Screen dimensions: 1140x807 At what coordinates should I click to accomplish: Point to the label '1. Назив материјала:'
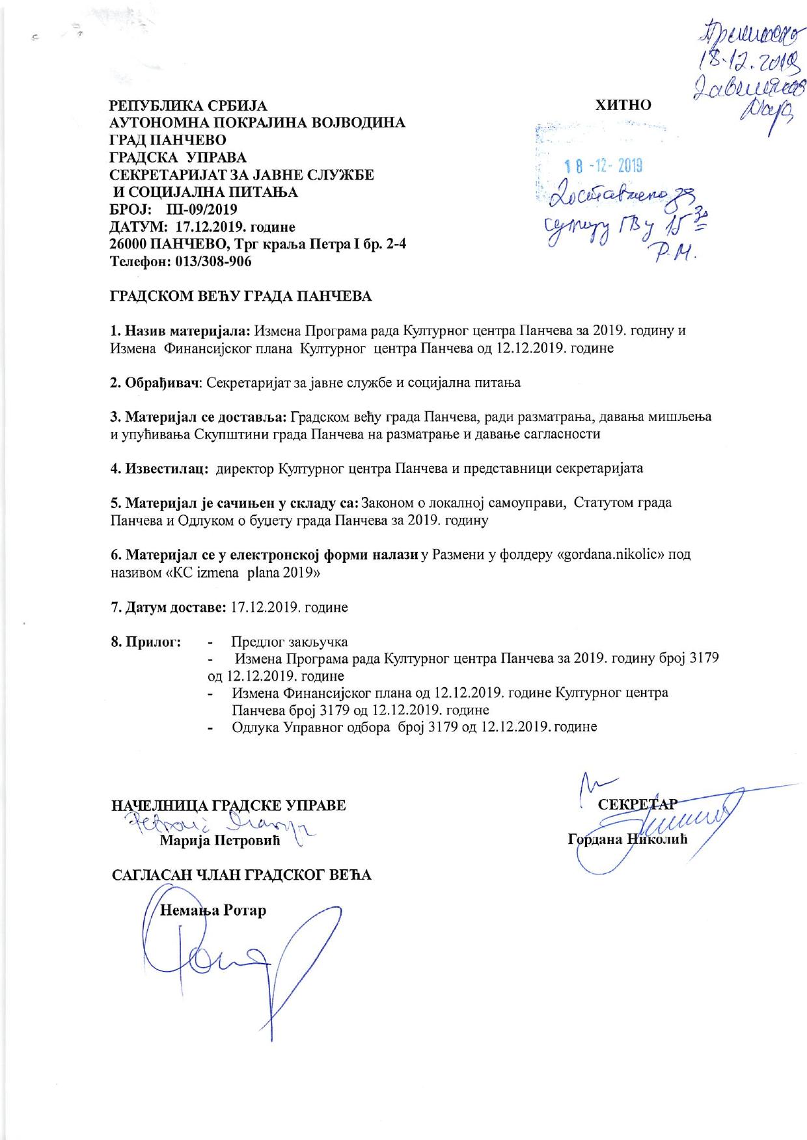pos(180,330)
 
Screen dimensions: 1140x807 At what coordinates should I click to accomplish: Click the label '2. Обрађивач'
pos(154,383)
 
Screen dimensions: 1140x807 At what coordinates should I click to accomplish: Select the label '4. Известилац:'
pos(159,468)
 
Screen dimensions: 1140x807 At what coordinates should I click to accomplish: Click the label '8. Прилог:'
pos(145,642)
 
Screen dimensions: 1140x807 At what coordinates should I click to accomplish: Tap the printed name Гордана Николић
pos(627,839)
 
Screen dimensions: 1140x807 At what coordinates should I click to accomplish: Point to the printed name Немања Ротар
pos(213,910)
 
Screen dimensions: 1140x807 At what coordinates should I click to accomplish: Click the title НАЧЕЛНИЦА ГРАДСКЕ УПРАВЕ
pos(229,805)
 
